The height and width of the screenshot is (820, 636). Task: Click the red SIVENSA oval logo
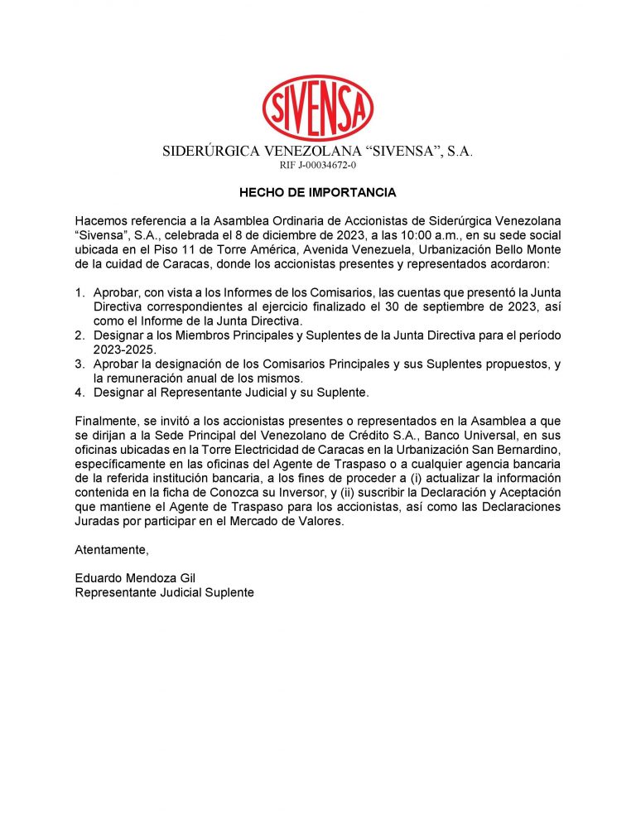coord(317,108)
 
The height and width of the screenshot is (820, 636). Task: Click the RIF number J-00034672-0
coord(318,166)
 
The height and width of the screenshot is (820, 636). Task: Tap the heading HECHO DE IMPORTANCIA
coord(318,193)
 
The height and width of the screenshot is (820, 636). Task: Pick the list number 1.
coord(79,292)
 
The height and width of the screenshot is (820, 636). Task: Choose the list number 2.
coord(79,335)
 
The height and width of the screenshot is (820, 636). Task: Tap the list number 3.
coord(79,364)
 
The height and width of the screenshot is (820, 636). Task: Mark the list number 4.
coord(79,392)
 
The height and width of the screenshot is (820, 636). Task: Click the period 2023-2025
coord(123,350)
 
